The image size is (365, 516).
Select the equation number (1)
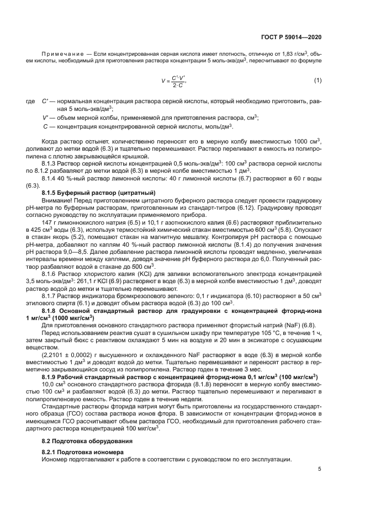(x=318, y=81)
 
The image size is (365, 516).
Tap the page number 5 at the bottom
(x=320, y=470)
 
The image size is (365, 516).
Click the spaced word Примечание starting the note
(x=64, y=54)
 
